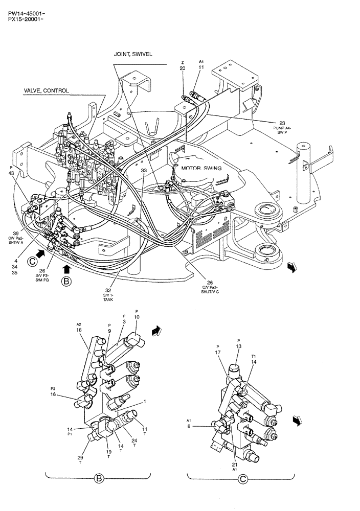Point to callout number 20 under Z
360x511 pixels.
click(183, 68)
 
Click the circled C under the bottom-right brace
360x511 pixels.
click(242, 478)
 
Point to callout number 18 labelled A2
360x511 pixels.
click(79, 331)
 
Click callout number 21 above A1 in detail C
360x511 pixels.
click(235, 464)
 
